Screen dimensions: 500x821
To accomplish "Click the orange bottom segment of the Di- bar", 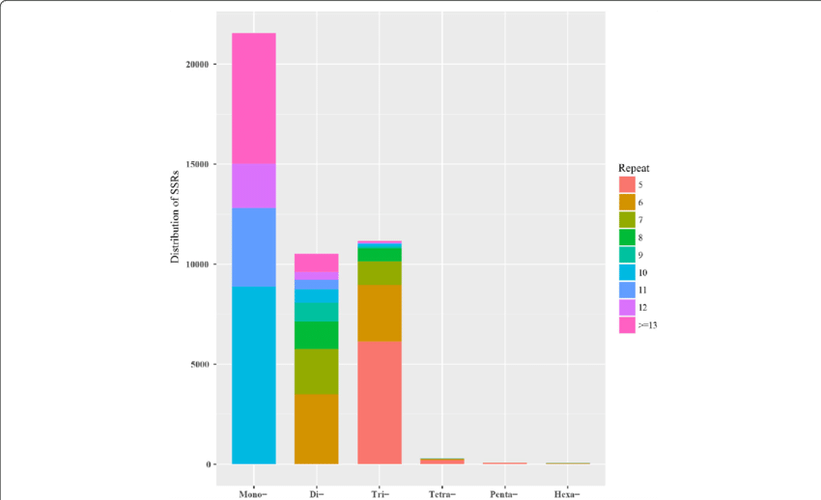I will point(316,429).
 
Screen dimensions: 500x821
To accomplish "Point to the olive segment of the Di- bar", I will point(316,371).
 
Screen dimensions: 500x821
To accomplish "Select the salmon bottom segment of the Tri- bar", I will point(379,403).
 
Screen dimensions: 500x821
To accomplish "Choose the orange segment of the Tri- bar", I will point(379,313).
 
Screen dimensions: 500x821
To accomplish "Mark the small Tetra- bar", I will point(441,460).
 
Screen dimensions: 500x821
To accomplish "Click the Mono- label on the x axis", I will point(253,494).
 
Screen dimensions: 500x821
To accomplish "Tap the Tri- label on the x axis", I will point(379,494).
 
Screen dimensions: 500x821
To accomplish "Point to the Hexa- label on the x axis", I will point(567,494).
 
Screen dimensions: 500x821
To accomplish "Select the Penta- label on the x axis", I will point(504,494).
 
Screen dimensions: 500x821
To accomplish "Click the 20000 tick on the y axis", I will point(199,65).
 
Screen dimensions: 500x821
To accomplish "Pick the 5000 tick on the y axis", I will point(201,364).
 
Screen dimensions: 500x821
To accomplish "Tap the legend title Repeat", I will point(634,167).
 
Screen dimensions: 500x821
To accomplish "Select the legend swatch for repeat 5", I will point(627,183).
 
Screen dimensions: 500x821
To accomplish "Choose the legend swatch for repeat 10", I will point(627,272).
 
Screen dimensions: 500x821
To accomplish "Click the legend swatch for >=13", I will point(627,325).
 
